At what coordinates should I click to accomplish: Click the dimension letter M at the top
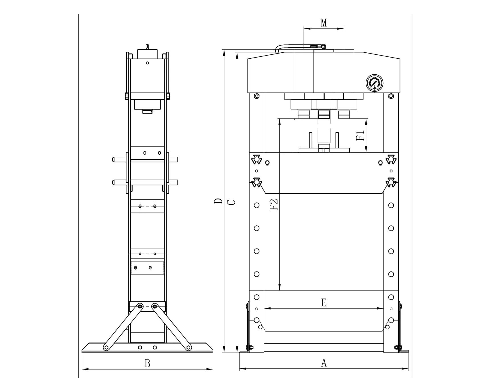coord(324,23)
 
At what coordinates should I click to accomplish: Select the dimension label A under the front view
coord(324,363)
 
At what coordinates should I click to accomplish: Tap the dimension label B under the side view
coord(147,364)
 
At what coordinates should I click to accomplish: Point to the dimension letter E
coord(324,303)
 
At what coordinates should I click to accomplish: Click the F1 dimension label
coord(360,136)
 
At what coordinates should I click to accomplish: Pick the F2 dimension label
coord(273,204)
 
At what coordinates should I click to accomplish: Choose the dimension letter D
coord(218,201)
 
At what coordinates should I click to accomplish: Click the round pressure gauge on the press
coord(374,83)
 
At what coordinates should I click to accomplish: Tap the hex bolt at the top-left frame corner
coord(257,96)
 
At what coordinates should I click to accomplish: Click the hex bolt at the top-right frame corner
coord(391,96)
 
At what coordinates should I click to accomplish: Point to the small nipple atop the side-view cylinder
coord(147,46)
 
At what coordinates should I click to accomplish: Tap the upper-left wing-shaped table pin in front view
coord(257,159)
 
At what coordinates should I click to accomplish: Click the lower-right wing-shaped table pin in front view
coord(391,182)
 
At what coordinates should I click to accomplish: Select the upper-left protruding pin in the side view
coord(119,160)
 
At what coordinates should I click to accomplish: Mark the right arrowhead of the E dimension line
coord(381,308)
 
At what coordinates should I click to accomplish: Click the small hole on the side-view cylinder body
coord(147,63)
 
